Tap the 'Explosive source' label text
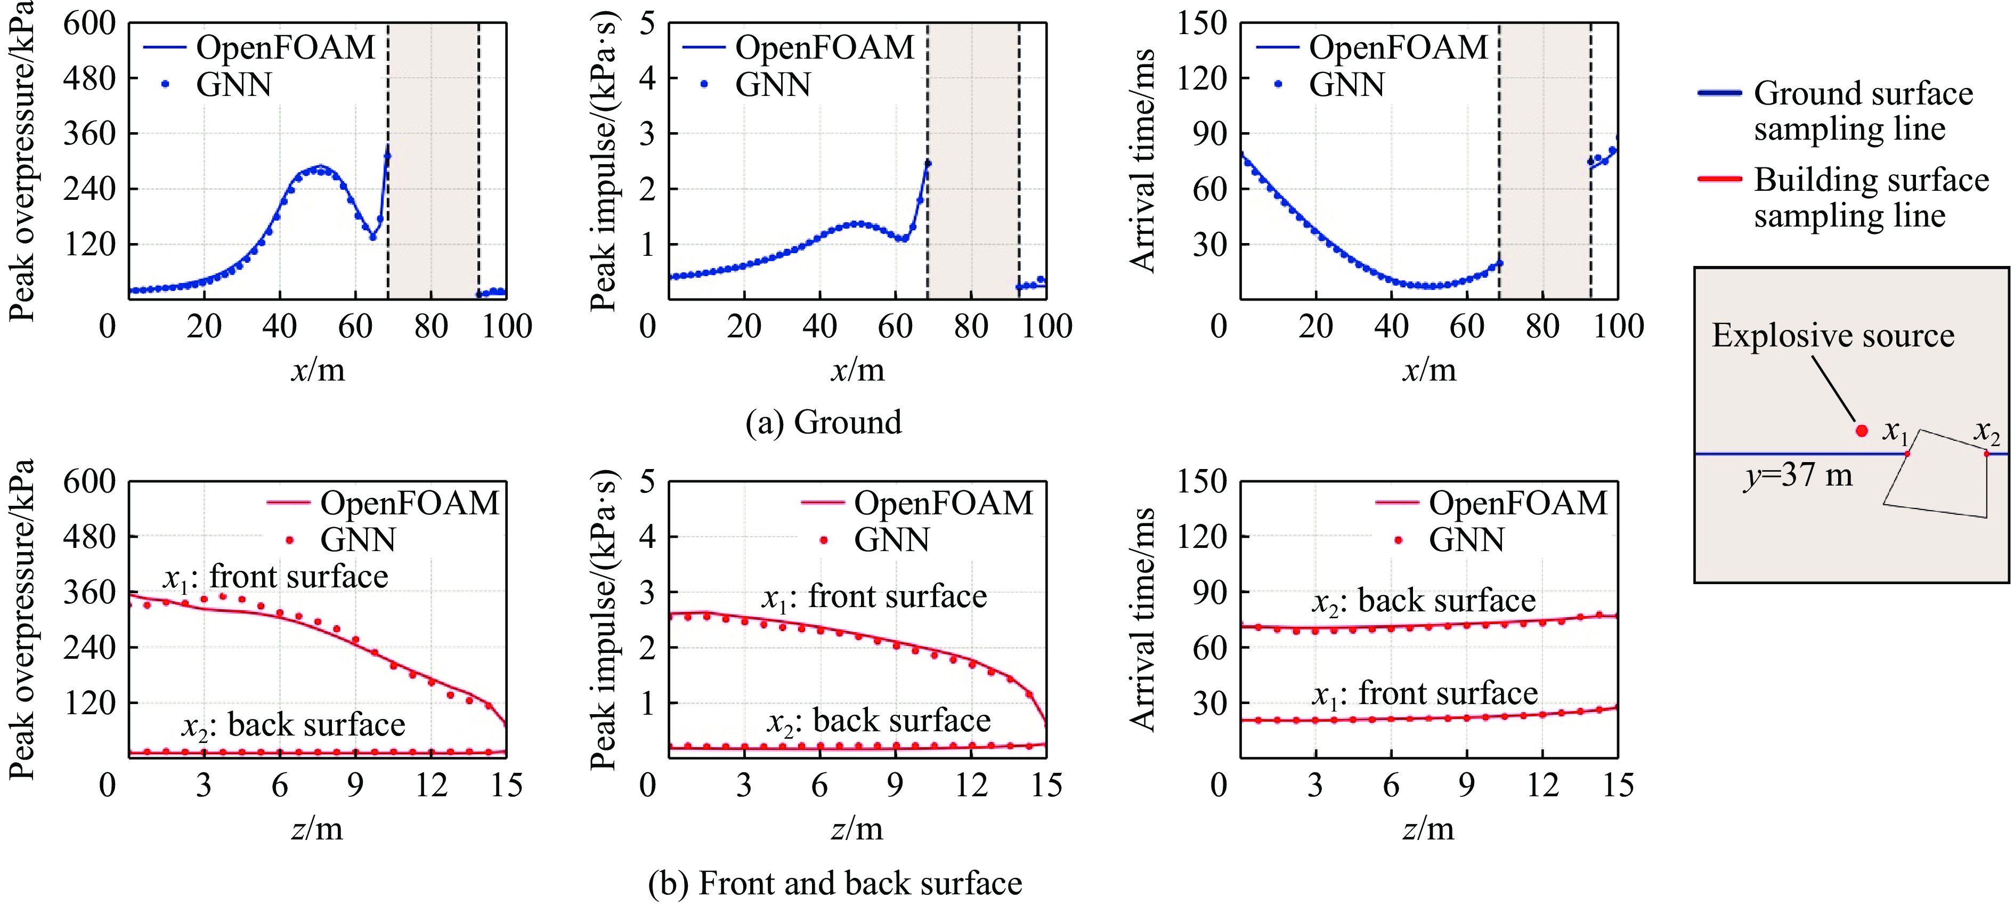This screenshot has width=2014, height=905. pos(1833,336)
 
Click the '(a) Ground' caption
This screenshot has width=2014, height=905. pos(823,422)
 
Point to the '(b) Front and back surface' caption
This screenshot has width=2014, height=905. pos(835,883)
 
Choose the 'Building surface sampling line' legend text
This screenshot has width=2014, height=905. pos(1870,197)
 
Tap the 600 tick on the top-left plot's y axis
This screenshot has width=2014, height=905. pos(89,23)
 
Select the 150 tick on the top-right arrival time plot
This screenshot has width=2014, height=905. pos(1201,23)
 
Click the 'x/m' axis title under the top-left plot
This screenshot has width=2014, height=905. pos(318,369)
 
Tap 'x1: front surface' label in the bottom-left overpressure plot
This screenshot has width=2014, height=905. pos(275,577)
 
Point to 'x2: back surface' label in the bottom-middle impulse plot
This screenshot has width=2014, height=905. pos(878,721)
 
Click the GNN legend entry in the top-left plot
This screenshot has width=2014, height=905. pos(233,84)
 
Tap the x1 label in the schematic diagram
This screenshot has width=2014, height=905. pos(1895,431)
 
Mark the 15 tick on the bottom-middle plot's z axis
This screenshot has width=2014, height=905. pos(1046,785)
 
